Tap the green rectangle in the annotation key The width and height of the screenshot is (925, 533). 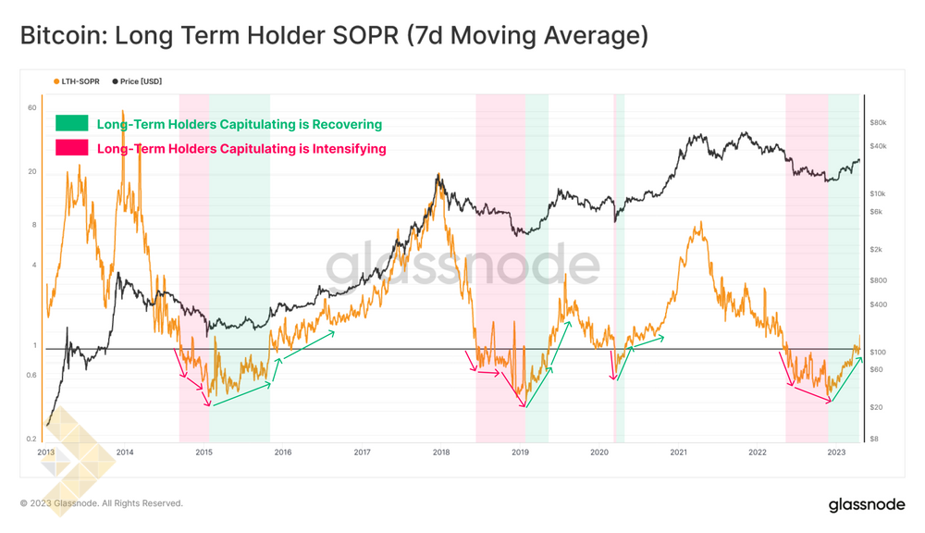72,123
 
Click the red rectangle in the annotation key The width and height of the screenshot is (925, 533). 72,147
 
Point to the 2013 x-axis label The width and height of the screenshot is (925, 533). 46,452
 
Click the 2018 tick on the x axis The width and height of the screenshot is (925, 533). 441,452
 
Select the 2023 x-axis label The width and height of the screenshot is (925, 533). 836,452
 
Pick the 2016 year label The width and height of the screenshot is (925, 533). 283,452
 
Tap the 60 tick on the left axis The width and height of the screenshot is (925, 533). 32,108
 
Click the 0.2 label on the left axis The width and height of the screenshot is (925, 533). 31,440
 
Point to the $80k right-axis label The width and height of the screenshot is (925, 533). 878,122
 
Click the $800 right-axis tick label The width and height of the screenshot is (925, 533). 878,280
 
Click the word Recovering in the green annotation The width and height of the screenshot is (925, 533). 347,124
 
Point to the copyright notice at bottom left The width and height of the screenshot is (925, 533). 102,503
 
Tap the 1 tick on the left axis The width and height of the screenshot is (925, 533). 34,346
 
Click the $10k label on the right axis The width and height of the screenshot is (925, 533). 878,193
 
